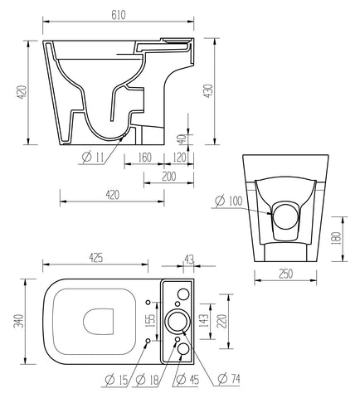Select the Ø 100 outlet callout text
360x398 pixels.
coord(230,200)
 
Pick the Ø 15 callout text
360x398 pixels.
coord(114,381)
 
